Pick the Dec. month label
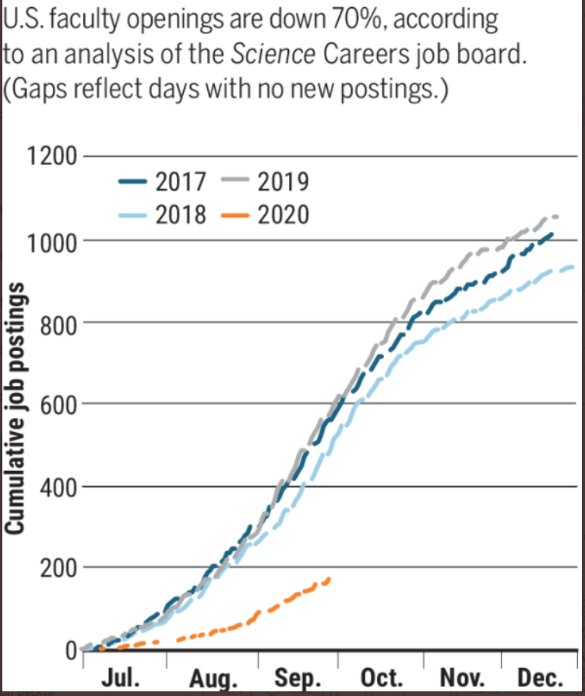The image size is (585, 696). click(541, 677)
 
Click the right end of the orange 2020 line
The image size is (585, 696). click(329, 578)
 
